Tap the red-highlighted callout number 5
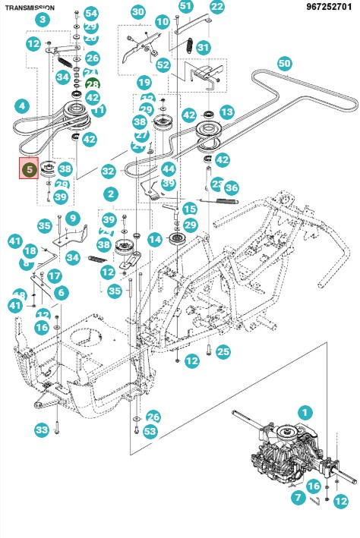tap(28, 169)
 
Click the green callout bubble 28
tap(93, 84)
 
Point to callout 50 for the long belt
tap(284, 64)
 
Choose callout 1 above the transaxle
tap(305, 413)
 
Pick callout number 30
tap(137, 12)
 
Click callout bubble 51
tap(186, 6)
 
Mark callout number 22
tap(217, 7)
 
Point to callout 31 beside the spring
tap(203, 47)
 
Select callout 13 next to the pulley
tap(226, 112)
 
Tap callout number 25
tap(223, 351)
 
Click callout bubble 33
tap(42, 430)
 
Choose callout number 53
tap(150, 431)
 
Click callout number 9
tap(73, 219)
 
